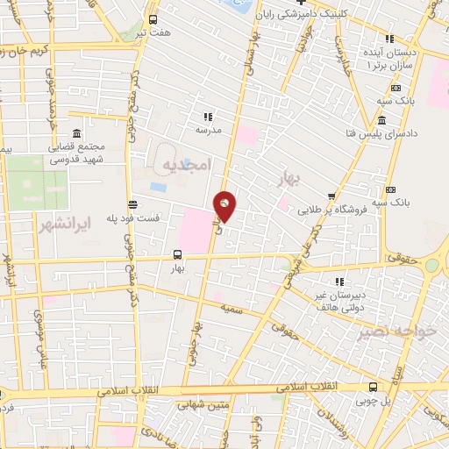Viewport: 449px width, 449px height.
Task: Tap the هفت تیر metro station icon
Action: point(153,19)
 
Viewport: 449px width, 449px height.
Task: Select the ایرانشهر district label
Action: point(63,225)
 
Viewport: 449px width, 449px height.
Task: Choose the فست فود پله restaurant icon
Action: point(131,203)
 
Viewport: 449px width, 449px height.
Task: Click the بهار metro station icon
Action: point(178,258)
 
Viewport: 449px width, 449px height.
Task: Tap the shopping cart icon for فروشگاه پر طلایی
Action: point(331,196)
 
